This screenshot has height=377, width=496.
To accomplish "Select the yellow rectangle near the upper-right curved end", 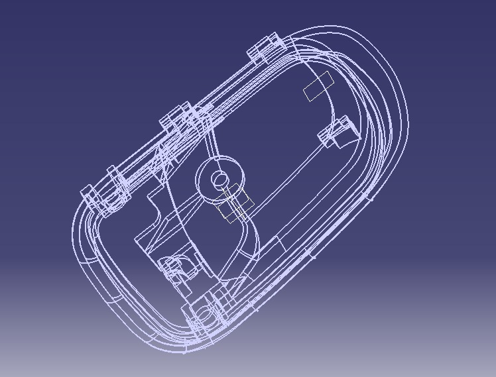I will click(x=318, y=86).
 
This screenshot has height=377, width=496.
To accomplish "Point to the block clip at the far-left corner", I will click(x=90, y=194).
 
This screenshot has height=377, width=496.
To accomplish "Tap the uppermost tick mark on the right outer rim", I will click(x=370, y=196).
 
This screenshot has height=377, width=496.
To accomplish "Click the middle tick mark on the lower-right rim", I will click(x=306, y=254).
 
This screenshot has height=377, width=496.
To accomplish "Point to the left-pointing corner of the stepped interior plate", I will click(x=137, y=237).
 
